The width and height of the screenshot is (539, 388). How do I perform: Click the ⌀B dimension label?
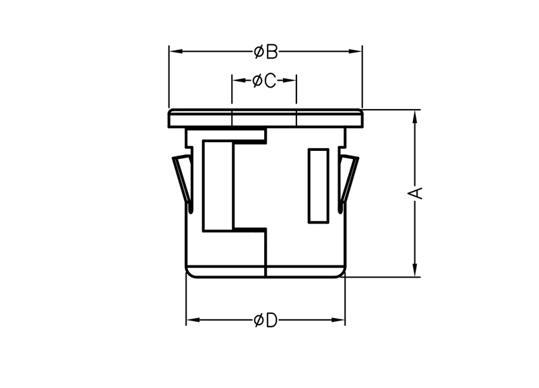265,52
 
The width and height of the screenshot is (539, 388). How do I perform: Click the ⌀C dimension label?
264,81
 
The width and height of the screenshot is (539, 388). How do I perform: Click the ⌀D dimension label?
265,321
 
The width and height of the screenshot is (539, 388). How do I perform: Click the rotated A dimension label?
415,193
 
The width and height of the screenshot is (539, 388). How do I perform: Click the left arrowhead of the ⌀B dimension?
176,52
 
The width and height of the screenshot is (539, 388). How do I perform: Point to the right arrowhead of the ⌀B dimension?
356,52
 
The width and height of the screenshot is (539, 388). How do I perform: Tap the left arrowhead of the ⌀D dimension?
193,320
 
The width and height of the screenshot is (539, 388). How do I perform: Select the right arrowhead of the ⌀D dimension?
338,320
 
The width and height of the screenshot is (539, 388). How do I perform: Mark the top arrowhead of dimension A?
415,117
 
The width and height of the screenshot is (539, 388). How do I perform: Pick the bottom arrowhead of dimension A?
415,269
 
